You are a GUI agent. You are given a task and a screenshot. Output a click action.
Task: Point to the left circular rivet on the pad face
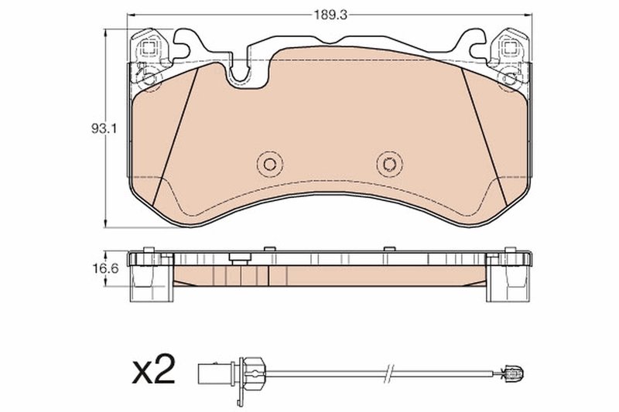tap(269, 164)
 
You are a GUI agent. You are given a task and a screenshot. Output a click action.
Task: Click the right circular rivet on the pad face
tap(389, 164)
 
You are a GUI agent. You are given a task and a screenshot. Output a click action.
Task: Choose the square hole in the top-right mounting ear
tap(509, 48)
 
